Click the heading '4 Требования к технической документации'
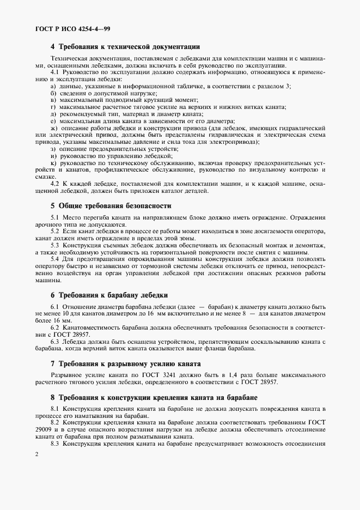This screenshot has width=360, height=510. (125, 47)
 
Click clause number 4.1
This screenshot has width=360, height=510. (55, 72)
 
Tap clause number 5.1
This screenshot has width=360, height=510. (55, 218)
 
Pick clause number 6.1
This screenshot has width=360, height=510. (55, 307)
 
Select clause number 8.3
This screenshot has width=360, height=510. (55, 444)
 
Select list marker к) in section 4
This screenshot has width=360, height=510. (53, 162)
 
